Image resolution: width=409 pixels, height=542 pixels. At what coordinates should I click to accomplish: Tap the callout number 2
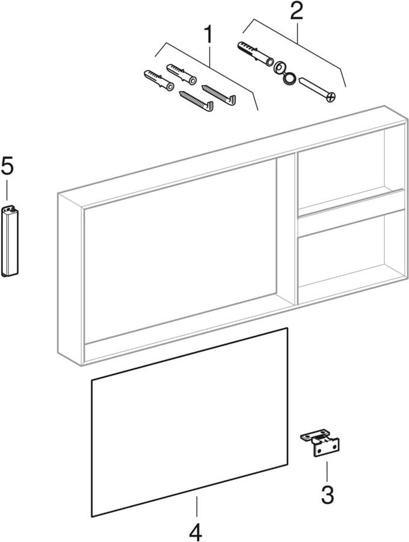pyautogui.click(x=297, y=10)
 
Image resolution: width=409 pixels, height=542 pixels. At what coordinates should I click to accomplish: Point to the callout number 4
pyautogui.click(x=195, y=532)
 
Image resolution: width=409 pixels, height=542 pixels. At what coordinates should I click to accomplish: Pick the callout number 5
pyautogui.click(x=7, y=166)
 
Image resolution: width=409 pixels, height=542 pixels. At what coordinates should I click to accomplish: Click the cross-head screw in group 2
pyautogui.click(x=317, y=90)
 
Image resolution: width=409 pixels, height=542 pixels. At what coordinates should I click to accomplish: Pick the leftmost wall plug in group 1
pyautogui.click(x=158, y=81)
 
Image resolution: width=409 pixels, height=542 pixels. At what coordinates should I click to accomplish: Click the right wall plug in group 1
pyautogui.click(x=182, y=74)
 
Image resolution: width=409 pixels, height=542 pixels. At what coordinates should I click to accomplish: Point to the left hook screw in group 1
pyautogui.click(x=196, y=101)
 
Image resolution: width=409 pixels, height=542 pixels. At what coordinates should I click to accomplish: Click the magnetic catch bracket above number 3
pyautogui.click(x=320, y=442)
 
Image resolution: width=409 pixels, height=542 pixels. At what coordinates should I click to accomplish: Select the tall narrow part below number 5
pyautogui.click(x=10, y=241)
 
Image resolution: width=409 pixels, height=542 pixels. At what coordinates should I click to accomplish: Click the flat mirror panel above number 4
pyautogui.click(x=189, y=422)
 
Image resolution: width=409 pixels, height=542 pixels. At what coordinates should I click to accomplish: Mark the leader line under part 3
pyautogui.click(x=327, y=472)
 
